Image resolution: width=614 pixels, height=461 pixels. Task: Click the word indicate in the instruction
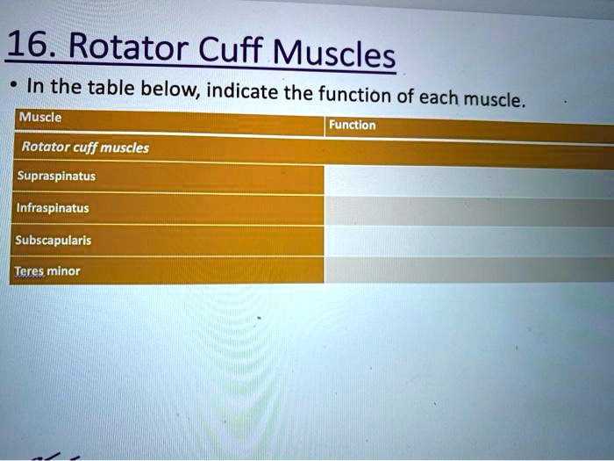(x=247, y=91)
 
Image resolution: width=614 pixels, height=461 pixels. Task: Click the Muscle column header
(x=39, y=118)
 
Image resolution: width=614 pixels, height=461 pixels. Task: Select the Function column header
(x=352, y=125)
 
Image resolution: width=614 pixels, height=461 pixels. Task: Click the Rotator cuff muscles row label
(x=85, y=148)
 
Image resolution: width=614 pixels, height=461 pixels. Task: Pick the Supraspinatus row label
(x=55, y=176)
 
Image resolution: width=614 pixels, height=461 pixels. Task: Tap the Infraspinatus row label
(x=53, y=208)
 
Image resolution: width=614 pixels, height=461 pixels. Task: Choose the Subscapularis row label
(x=54, y=239)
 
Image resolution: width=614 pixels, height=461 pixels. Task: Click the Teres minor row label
(x=47, y=271)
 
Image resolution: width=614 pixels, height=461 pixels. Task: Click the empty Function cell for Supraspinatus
(x=468, y=180)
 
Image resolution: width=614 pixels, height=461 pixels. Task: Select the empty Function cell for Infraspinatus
(x=468, y=211)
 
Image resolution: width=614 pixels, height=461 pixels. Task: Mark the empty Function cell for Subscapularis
(x=468, y=241)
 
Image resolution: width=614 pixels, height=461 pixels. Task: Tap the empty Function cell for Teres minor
(x=468, y=270)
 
